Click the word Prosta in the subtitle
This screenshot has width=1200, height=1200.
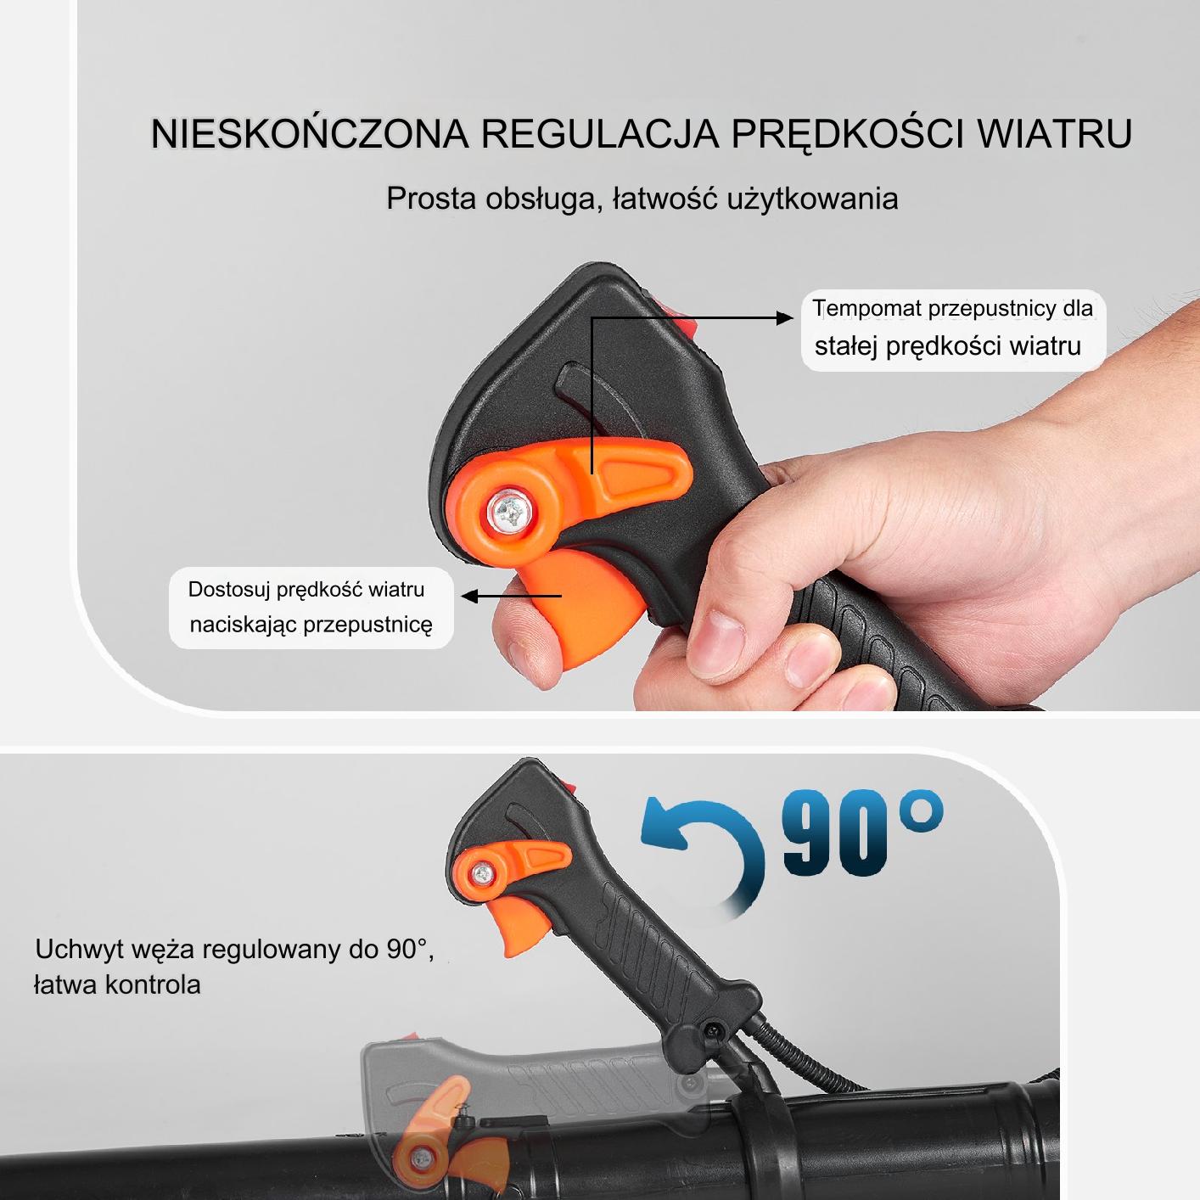click(x=431, y=199)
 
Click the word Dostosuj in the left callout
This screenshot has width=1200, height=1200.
click(x=228, y=589)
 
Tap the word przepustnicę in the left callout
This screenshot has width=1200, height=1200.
click(x=367, y=625)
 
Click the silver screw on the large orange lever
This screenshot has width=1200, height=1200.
click(x=510, y=512)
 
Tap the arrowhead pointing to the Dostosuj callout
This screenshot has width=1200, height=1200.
click(x=469, y=596)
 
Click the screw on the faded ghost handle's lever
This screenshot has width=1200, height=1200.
click(x=423, y=1158)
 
